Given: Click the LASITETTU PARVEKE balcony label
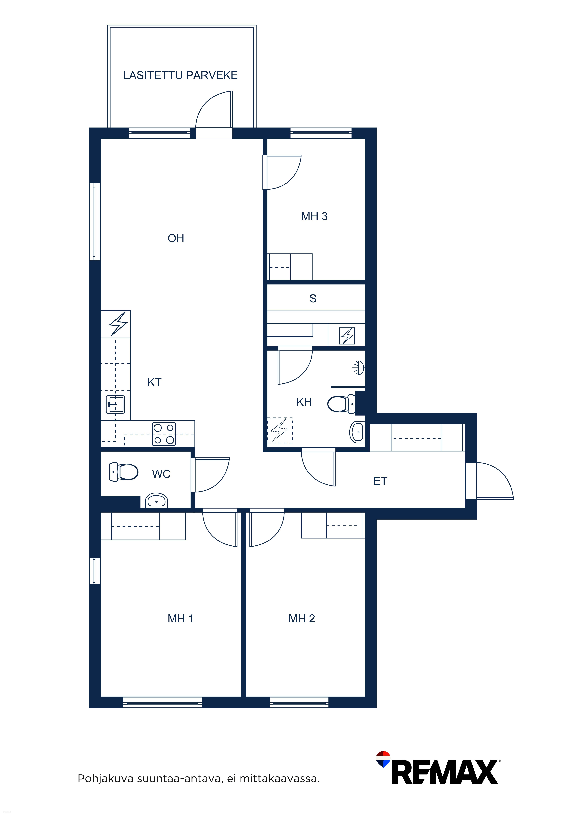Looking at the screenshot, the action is [x=180, y=75].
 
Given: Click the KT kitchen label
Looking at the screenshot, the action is [x=155, y=382].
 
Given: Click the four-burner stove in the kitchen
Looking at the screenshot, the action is [x=164, y=434].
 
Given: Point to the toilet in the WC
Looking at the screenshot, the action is [x=124, y=472].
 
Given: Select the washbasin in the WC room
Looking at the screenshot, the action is [x=156, y=500].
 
